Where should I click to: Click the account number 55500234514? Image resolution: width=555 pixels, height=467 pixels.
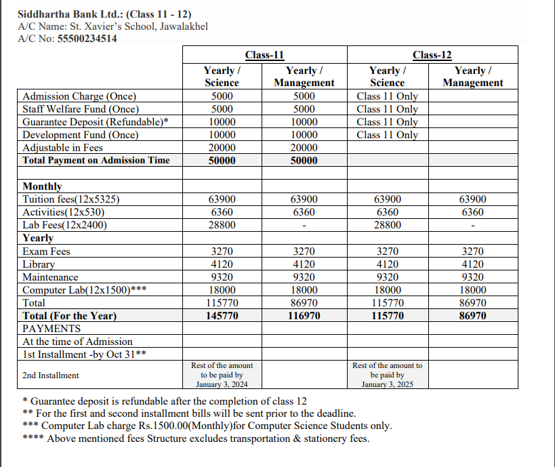click(87, 39)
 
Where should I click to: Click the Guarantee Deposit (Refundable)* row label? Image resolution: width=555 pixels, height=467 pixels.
click(96, 122)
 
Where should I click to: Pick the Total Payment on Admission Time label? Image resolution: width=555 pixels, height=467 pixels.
click(96, 161)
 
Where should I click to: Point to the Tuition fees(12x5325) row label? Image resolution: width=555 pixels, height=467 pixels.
click(71, 199)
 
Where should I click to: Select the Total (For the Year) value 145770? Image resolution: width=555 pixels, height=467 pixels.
click(222, 316)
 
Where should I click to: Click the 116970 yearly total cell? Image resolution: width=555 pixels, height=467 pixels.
click(304, 316)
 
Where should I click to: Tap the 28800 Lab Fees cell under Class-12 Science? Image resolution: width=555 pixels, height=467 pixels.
click(388, 225)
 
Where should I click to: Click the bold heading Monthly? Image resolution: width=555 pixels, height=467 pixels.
click(42, 186)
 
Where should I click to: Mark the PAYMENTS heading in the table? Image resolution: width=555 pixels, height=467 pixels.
click(52, 329)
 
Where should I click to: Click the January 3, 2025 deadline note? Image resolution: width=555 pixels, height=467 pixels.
click(388, 384)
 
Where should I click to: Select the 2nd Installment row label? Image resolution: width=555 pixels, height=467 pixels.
click(51, 375)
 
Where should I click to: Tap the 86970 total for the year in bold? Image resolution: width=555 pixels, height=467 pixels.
click(472, 316)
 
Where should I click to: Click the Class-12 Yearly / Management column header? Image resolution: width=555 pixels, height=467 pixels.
click(472, 77)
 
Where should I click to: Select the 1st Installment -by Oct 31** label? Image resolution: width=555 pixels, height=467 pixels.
click(85, 354)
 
